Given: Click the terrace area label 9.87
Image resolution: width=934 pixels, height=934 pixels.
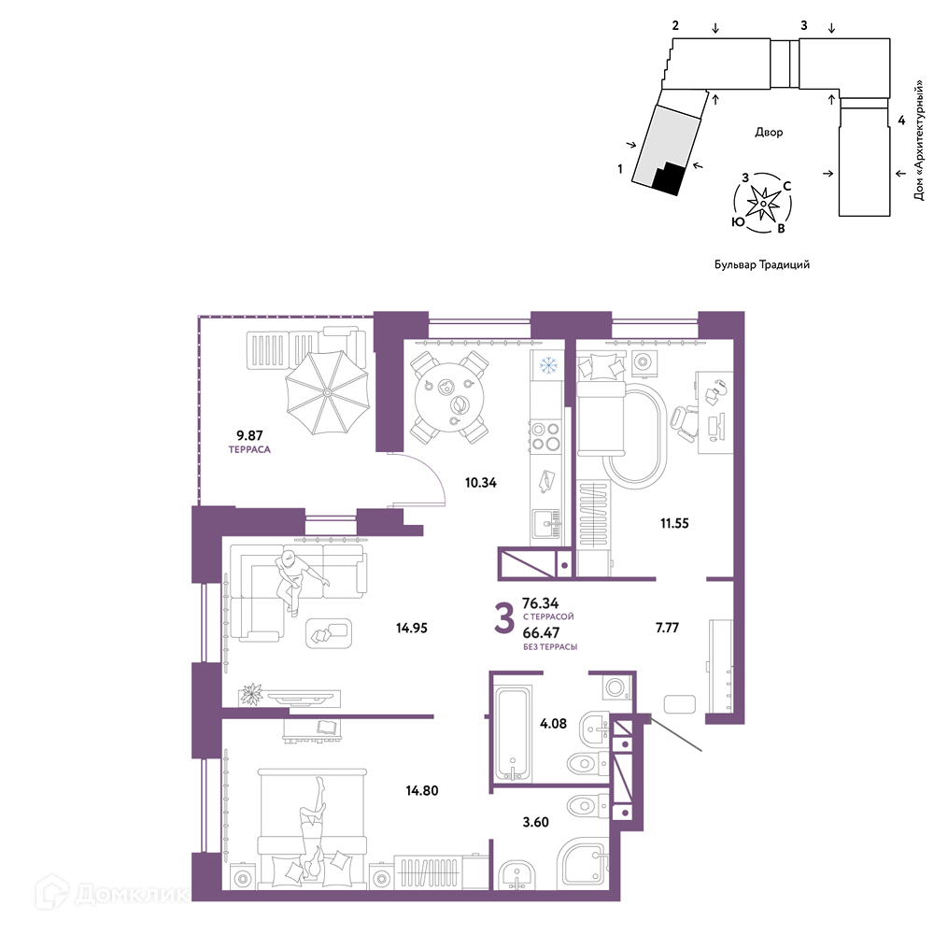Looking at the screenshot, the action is (249, 435).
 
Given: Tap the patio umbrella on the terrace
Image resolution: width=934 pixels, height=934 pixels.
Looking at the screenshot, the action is (327, 392).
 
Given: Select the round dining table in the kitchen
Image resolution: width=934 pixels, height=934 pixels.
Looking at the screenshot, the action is (448, 396).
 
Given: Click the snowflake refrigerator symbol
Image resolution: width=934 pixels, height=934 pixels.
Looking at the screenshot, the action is (547, 364).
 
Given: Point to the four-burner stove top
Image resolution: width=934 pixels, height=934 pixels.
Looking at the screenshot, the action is (545, 436).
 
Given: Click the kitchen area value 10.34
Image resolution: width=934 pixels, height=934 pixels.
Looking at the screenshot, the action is (481, 483).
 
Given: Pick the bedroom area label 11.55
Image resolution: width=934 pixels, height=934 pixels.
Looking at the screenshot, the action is (674, 523).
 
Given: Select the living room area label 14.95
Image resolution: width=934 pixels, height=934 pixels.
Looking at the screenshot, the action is (412, 628).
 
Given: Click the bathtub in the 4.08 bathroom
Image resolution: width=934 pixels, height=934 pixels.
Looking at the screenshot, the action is (512, 733).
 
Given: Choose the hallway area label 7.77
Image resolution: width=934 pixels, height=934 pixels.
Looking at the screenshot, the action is (667, 628).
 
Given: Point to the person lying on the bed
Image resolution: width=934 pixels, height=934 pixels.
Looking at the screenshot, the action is (313, 828).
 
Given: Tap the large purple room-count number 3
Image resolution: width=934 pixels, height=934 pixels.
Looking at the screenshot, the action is (504, 618).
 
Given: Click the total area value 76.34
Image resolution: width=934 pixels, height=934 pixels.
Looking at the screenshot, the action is (540, 603).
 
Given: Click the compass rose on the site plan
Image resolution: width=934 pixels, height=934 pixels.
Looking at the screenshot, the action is (762, 203).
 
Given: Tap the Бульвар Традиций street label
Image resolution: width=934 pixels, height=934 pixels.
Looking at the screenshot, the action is (762, 264).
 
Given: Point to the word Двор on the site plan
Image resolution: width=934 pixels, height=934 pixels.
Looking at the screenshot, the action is (769, 132).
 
